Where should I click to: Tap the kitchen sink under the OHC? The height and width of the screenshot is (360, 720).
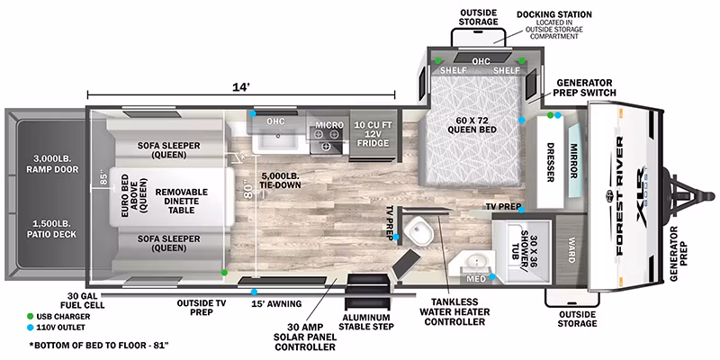click(277, 137)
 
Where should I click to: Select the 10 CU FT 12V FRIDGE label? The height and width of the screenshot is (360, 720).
click(373, 133)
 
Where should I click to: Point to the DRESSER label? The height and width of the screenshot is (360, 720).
click(549, 162)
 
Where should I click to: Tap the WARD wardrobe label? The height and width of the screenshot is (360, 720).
click(571, 250)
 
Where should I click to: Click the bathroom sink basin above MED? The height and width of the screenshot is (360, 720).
click(476, 263)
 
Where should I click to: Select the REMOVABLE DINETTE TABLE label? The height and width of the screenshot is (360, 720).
click(182, 201)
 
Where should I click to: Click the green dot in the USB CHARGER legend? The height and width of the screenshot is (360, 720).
click(31, 317)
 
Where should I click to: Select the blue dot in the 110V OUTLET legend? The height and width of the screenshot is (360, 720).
click(31, 328)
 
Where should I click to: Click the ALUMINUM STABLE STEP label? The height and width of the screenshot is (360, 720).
click(367, 322)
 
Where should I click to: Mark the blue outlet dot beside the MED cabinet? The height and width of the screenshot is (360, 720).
click(492, 276)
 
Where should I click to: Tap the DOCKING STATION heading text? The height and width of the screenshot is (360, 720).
click(554, 14)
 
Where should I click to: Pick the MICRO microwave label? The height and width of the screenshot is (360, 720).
click(328, 125)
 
